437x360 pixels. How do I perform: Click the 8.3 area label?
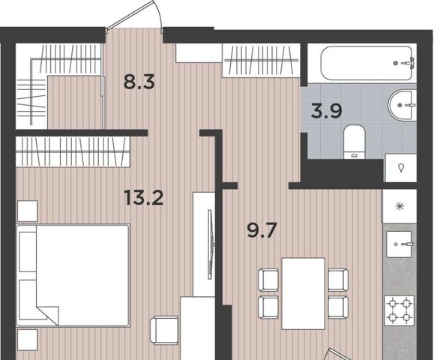point(139,82)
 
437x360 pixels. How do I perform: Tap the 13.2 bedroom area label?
point(144,197)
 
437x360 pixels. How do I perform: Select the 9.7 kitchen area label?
point(262,230)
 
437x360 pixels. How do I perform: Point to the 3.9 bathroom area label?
point(326,110)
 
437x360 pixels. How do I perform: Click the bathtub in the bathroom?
point(367,63)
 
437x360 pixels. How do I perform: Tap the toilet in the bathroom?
point(355,142)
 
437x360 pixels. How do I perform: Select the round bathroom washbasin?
point(402,105)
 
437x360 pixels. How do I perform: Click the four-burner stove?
point(399,310)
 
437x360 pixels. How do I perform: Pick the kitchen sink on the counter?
point(399,244)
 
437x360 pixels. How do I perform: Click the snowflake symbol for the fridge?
point(400,206)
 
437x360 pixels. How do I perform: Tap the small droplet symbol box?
point(401,168)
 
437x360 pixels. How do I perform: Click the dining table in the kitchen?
point(304,294)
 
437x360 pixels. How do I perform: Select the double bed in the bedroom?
point(73,275)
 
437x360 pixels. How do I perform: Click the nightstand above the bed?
point(27,211)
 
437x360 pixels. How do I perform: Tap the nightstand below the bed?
point(27,340)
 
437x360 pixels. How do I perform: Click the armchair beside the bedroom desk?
point(164,330)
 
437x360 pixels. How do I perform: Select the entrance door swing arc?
point(157,13)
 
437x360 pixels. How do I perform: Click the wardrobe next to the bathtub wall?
point(261,60)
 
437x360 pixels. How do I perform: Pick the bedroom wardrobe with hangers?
point(73,151)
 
